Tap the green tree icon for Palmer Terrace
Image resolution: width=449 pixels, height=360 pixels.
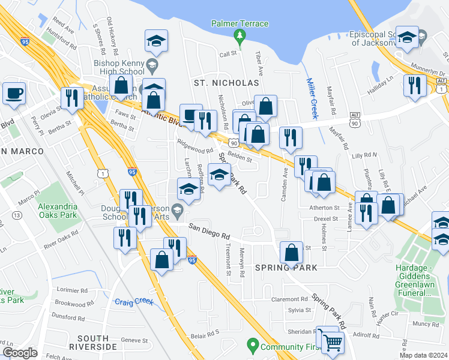coord(240,37)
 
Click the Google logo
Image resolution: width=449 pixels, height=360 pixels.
coord(20,353)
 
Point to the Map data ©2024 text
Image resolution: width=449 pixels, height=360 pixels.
coord(423,355)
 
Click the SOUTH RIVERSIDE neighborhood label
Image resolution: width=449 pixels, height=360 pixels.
coord(93,343)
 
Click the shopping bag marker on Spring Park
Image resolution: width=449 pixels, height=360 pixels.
coord(291,251)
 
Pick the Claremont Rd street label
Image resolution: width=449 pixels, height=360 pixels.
coord(289,299)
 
